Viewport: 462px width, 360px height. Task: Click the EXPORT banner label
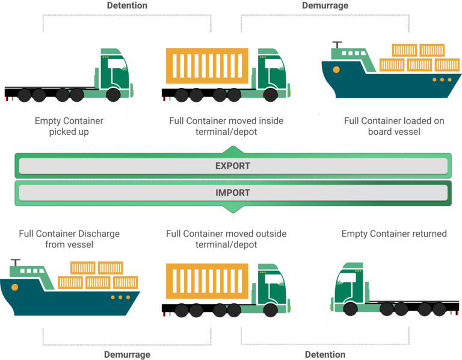(232, 166)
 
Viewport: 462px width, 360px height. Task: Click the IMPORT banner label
(232, 193)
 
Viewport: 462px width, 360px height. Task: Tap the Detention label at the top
(127, 5)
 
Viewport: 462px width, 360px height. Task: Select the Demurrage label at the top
(325, 5)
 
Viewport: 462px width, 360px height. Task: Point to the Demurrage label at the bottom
(127, 354)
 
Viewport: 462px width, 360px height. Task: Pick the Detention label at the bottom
(325, 354)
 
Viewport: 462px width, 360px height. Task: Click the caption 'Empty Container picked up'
(69, 126)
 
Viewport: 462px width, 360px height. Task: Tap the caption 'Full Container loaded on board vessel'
(394, 126)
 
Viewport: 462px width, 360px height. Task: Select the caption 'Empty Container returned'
(394, 234)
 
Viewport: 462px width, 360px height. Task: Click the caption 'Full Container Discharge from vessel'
(69, 238)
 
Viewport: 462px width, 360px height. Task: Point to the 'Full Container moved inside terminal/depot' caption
(226, 126)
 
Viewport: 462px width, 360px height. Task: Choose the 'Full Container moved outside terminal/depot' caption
(226, 238)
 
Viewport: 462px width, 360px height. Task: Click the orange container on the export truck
(207, 66)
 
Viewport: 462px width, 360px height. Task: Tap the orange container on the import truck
(207, 281)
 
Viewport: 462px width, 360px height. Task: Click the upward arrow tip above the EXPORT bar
(233, 147)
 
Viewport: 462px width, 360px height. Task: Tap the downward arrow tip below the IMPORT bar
(233, 211)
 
